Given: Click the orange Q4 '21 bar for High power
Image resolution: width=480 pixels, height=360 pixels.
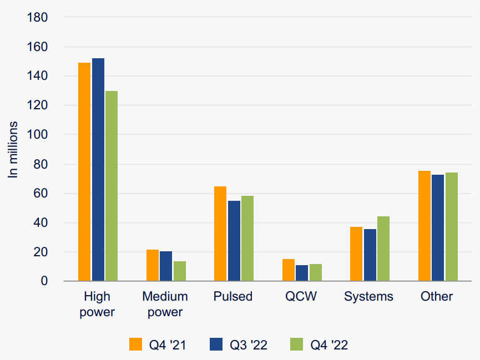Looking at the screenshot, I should [84, 172].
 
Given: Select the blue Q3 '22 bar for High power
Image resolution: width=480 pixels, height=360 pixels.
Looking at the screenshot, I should [98, 170].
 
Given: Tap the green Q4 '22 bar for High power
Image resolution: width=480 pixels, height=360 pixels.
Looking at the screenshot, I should [112, 186].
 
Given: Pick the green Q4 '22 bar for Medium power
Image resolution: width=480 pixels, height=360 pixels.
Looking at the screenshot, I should [179, 271].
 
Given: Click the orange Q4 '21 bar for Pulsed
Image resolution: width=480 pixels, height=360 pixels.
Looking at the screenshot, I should [220, 234].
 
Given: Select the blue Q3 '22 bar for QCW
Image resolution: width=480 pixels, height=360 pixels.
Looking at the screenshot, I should [302, 273].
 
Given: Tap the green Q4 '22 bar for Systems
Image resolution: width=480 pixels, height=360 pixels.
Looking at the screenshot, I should [383, 249].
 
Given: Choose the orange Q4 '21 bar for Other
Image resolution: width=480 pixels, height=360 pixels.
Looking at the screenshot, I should [425, 226].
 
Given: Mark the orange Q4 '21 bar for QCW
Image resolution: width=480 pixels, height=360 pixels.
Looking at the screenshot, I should [289, 270].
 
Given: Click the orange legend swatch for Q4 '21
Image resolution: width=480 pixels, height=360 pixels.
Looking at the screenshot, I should [137, 344].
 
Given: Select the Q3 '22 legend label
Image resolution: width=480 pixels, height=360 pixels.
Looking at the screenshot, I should [249, 344].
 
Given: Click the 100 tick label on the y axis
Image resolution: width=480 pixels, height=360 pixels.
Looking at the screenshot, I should [38, 135].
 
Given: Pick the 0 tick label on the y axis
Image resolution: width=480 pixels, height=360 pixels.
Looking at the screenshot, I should [45, 282].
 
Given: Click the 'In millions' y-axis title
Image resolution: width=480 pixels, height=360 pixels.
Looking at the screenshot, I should [13, 149].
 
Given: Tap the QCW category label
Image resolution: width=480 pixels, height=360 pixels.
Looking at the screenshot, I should [301, 296].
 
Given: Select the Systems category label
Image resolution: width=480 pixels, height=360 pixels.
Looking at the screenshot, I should [368, 296].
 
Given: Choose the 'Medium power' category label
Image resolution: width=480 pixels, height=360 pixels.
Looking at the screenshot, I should [165, 304].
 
